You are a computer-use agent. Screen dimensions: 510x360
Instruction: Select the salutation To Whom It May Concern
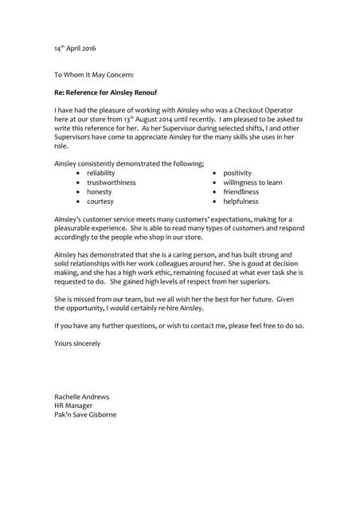point(94,75)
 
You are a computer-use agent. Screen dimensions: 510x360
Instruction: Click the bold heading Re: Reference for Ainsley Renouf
point(109,92)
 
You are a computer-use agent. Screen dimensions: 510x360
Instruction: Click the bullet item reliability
point(100,173)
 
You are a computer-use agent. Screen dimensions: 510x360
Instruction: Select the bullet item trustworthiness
point(111,182)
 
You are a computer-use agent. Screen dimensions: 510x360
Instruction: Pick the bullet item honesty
point(99,192)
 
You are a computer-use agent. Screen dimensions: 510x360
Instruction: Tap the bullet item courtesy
point(100,202)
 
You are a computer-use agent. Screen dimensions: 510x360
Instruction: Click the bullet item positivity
point(237,173)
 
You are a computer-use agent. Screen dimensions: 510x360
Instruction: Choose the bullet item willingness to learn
point(252,182)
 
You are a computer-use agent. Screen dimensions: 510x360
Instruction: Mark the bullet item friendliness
point(241,192)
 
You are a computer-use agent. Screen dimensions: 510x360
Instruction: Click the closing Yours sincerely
point(77,343)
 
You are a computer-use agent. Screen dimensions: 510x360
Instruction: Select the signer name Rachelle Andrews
point(81,396)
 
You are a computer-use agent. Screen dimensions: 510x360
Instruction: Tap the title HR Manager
point(73,406)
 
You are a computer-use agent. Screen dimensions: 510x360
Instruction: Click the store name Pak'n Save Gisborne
point(84,415)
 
